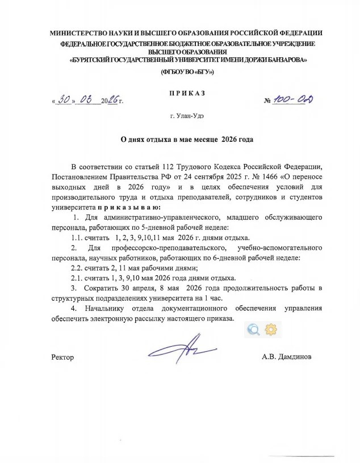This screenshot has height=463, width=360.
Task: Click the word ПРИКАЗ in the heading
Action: tap(187, 92)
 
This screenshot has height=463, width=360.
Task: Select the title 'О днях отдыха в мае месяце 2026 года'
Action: tap(181, 139)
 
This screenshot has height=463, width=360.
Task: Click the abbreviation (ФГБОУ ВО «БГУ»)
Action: tap(187, 73)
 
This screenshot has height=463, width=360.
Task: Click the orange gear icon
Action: tap(271, 330)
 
